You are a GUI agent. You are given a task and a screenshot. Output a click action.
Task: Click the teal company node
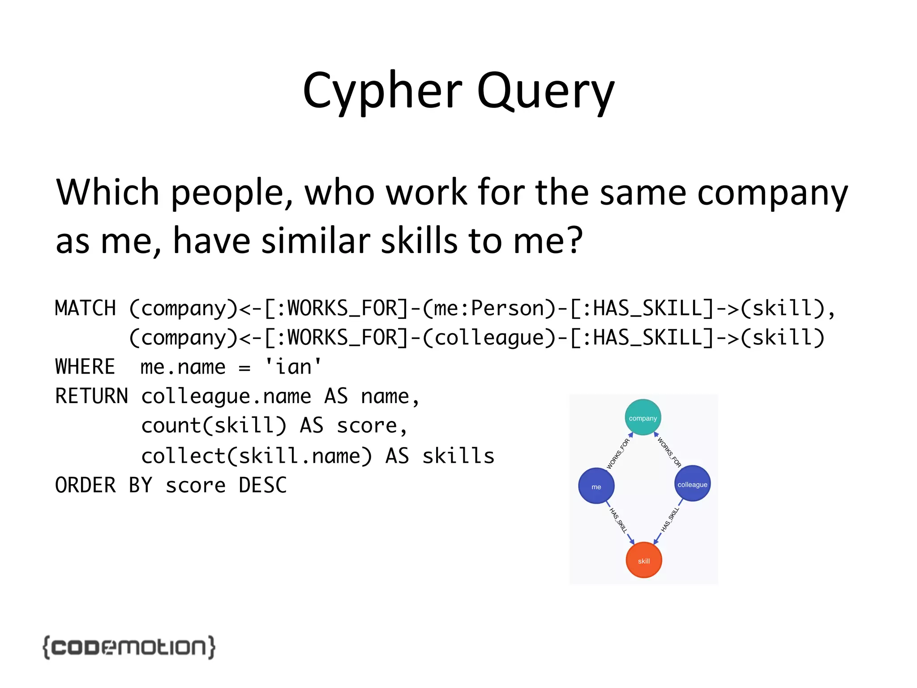(x=643, y=417)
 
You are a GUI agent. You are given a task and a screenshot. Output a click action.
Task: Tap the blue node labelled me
(x=596, y=486)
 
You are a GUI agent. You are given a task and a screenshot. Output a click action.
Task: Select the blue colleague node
(x=692, y=484)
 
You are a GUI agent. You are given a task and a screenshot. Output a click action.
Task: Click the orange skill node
(x=643, y=560)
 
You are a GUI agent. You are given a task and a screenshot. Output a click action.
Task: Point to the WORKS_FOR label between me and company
(x=618, y=454)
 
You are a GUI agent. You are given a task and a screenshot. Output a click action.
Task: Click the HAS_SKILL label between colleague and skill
(x=670, y=520)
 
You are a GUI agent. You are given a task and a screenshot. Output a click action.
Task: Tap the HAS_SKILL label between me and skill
(x=618, y=520)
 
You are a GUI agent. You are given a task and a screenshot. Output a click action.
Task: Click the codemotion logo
(x=129, y=647)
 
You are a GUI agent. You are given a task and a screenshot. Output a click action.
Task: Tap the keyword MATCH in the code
(x=85, y=308)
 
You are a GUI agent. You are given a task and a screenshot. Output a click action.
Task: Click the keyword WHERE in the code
(x=85, y=366)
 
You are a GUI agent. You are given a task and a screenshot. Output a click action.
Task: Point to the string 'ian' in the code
(x=293, y=366)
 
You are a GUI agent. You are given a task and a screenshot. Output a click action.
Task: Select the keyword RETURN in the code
(x=91, y=396)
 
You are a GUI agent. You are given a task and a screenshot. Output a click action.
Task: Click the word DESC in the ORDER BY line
(x=262, y=485)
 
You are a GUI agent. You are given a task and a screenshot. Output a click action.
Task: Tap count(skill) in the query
(x=214, y=426)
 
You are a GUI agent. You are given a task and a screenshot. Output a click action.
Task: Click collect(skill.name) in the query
(x=256, y=456)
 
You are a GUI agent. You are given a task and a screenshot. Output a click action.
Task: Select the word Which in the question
(x=107, y=193)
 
